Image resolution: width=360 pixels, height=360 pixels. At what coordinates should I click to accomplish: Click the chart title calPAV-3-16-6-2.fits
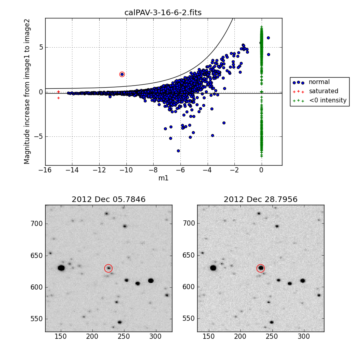(x=163, y=12)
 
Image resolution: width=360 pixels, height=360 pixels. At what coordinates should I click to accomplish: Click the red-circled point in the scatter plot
(x=122, y=74)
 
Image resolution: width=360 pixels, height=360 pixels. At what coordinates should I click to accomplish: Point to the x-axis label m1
(x=163, y=178)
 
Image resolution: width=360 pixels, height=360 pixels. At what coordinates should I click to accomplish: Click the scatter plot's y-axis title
(x=27, y=92)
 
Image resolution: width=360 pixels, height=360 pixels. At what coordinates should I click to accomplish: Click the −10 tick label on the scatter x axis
(x=126, y=170)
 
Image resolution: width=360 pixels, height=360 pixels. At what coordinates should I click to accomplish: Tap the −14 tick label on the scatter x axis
(x=72, y=170)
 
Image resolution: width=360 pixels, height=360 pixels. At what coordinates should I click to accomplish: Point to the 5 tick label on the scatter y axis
(x=41, y=47)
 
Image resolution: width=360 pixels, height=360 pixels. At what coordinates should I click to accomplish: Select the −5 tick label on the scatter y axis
(x=38, y=137)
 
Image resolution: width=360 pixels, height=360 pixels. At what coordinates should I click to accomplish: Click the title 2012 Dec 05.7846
(x=108, y=199)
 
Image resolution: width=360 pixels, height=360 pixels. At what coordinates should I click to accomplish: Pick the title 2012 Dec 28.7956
(x=260, y=199)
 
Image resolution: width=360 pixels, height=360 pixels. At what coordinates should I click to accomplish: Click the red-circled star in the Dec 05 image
(x=108, y=268)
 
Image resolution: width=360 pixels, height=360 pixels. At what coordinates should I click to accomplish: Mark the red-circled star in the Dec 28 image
(x=261, y=268)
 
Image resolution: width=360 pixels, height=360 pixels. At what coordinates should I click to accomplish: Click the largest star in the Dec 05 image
(x=61, y=268)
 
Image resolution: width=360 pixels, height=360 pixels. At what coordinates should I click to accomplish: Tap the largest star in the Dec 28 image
(x=213, y=268)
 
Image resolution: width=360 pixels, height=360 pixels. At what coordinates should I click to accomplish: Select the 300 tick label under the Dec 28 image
(x=304, y=336)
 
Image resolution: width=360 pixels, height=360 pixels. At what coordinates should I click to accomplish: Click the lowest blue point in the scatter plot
(x=178, y=151)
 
